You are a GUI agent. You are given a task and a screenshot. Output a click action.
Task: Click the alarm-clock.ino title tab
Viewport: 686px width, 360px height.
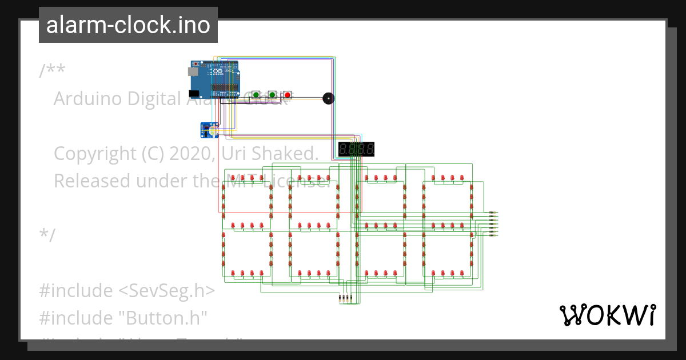[x=128, y=25]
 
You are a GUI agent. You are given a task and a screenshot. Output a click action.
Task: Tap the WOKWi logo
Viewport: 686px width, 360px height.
[x=607, y=315]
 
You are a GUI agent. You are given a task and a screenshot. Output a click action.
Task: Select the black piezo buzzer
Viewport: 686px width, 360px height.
[x=328, y=98]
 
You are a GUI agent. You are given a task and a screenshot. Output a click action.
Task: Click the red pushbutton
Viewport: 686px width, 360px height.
[x=288, y=95]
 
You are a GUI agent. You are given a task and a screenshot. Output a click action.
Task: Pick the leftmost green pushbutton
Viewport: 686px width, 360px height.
[x=256, y=95]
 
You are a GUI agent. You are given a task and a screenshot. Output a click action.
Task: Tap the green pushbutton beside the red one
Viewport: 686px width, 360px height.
[x=273, y=95]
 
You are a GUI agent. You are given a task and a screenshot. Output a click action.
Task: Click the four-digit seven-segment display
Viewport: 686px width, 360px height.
[x=356, y=150]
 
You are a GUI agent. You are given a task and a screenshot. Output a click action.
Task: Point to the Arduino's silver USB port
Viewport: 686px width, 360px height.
[x=193, y=71]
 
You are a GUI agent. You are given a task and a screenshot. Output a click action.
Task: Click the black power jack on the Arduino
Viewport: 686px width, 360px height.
[x=194, y=93]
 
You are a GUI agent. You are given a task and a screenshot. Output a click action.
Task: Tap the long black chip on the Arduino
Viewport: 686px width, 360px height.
[x=225, y=89]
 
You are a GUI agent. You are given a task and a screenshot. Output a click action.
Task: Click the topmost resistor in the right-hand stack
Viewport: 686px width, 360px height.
[x=493, y=213]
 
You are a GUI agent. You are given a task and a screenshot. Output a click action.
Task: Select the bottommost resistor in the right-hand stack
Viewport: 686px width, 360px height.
[x=493, y=235]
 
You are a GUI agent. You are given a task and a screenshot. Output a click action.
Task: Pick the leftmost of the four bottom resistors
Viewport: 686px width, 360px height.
[x=341, y=298]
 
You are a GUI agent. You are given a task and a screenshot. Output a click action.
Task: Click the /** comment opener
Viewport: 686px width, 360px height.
[x=52, y=71]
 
